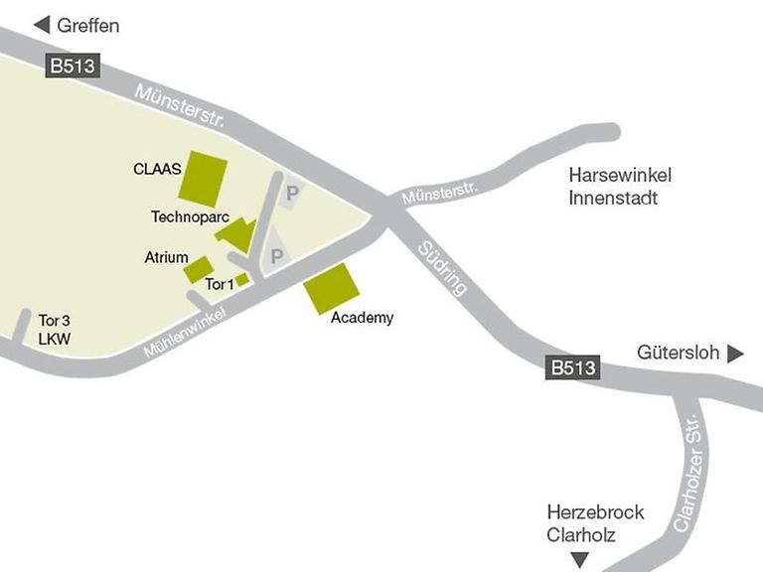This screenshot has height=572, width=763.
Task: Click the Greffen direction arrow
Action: pos(42,25)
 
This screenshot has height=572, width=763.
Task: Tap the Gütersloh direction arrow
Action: pos(736,354)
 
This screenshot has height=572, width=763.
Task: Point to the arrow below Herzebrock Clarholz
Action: pos(579,560)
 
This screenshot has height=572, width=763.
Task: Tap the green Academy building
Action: pos(331,288)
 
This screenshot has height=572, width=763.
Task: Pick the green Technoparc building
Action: pos(236,235)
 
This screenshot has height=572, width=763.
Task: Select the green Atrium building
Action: pos(199,269)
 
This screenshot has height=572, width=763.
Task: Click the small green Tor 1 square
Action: pos(242,279)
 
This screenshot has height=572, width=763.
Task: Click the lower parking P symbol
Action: pos(277,257)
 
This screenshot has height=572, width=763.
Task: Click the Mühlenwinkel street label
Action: pos(185,332)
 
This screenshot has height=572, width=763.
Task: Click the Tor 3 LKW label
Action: pos(55,330)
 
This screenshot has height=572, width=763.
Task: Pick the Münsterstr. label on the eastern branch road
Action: pos(440,193)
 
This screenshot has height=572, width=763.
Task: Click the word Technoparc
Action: pos(184,216)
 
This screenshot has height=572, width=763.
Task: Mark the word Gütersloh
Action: pos(679,354)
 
